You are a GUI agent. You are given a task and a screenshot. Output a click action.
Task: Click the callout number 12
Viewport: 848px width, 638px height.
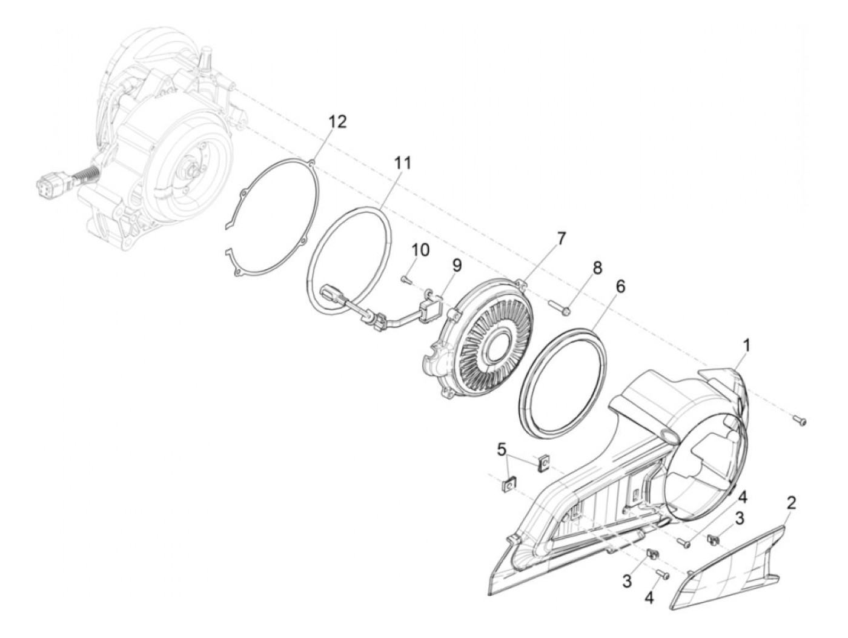click(338, 122)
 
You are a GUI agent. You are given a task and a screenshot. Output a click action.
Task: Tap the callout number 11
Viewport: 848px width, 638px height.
click(402, 163)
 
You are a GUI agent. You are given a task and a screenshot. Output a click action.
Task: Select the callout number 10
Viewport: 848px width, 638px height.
click(420, 249)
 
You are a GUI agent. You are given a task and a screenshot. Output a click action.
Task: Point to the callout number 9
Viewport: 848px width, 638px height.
click(456, 265)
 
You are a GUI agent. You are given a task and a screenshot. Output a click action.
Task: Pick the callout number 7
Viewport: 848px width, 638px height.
click(561, 238)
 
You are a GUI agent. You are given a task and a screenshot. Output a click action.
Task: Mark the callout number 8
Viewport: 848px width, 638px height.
click(597, 269)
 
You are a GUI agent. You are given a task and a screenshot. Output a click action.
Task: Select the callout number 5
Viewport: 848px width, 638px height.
click(501, 449)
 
